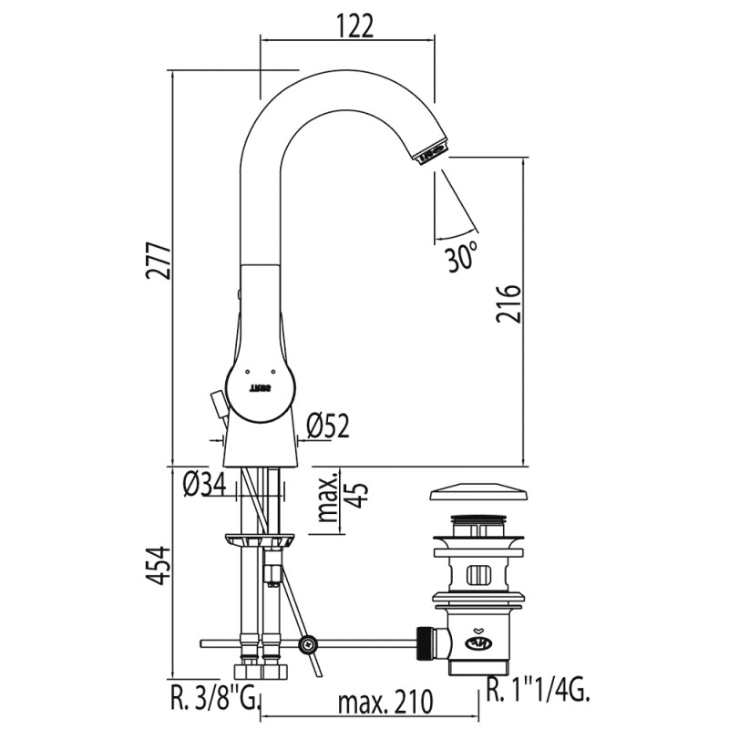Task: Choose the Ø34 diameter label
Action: [x=205, y=485]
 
